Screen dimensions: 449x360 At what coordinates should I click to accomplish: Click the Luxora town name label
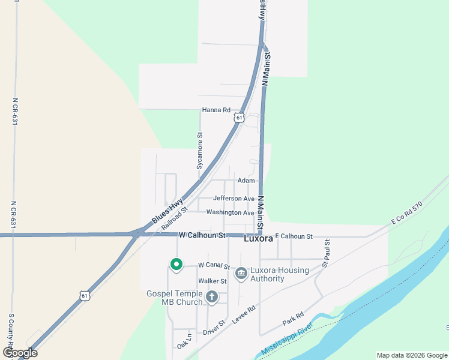click(x=259, y=238)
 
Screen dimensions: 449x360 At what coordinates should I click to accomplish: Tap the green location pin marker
click(x=176, y=264)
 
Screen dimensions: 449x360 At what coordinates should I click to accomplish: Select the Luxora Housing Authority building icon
click(x=241, y=274)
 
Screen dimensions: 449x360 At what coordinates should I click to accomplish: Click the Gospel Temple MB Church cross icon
click(x=211, y=296)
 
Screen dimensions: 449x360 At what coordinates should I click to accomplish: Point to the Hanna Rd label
click(x=216, y=110)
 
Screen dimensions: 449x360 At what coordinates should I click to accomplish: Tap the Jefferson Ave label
click(x=234, y=199)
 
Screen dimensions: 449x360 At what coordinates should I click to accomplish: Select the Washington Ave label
click(x=230, y=212)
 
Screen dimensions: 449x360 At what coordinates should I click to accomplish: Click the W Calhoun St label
click(x=201, y=236)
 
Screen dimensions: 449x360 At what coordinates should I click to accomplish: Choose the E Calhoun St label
click(x=294, y=237)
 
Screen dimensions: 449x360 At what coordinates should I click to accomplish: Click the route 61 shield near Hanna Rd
click(x=240, y=118)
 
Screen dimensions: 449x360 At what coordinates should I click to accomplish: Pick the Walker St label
click(x=212, y=281)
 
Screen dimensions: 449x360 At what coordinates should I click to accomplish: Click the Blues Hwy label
click(x=167, y=214)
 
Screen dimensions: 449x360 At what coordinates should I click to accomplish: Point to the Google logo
click(x=20, y=353)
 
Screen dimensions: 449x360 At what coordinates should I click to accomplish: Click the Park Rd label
click(x=294, y=318)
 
